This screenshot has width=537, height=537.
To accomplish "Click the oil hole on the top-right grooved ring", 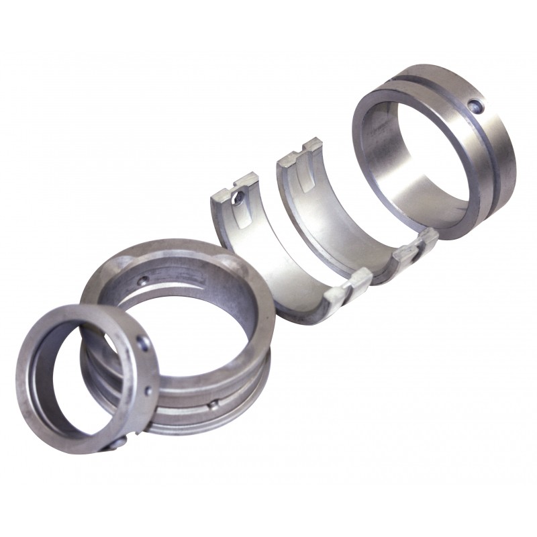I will [476, 105].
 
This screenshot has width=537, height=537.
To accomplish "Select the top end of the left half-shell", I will [235, 184].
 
